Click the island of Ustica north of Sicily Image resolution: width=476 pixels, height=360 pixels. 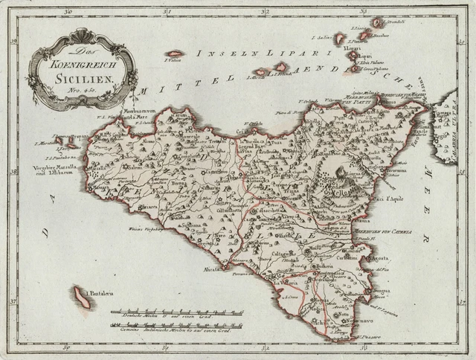coord(175,54)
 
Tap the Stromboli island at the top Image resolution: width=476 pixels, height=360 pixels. coord(378,22)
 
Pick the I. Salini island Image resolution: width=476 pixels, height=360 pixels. coord(339,38)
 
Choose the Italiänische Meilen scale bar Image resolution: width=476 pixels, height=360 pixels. coord(176,325)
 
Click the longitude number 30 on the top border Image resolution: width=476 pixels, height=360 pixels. coord(68,11)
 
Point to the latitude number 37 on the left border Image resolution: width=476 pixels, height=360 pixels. coord(14,301)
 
